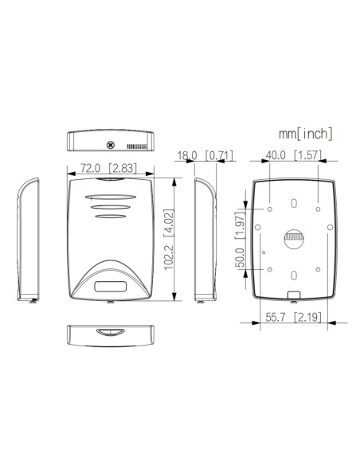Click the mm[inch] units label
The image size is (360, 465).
pyautogui.click(x=305, y=133)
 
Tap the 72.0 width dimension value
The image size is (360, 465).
pyautogui.click(x=90, y=168)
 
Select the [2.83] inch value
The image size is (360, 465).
pyautogui.click(x=122, y=168)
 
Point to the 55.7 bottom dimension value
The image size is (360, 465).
pyautogui.click(x=276, y=318)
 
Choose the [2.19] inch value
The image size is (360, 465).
pyautogui.click(x=307, y=318)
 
